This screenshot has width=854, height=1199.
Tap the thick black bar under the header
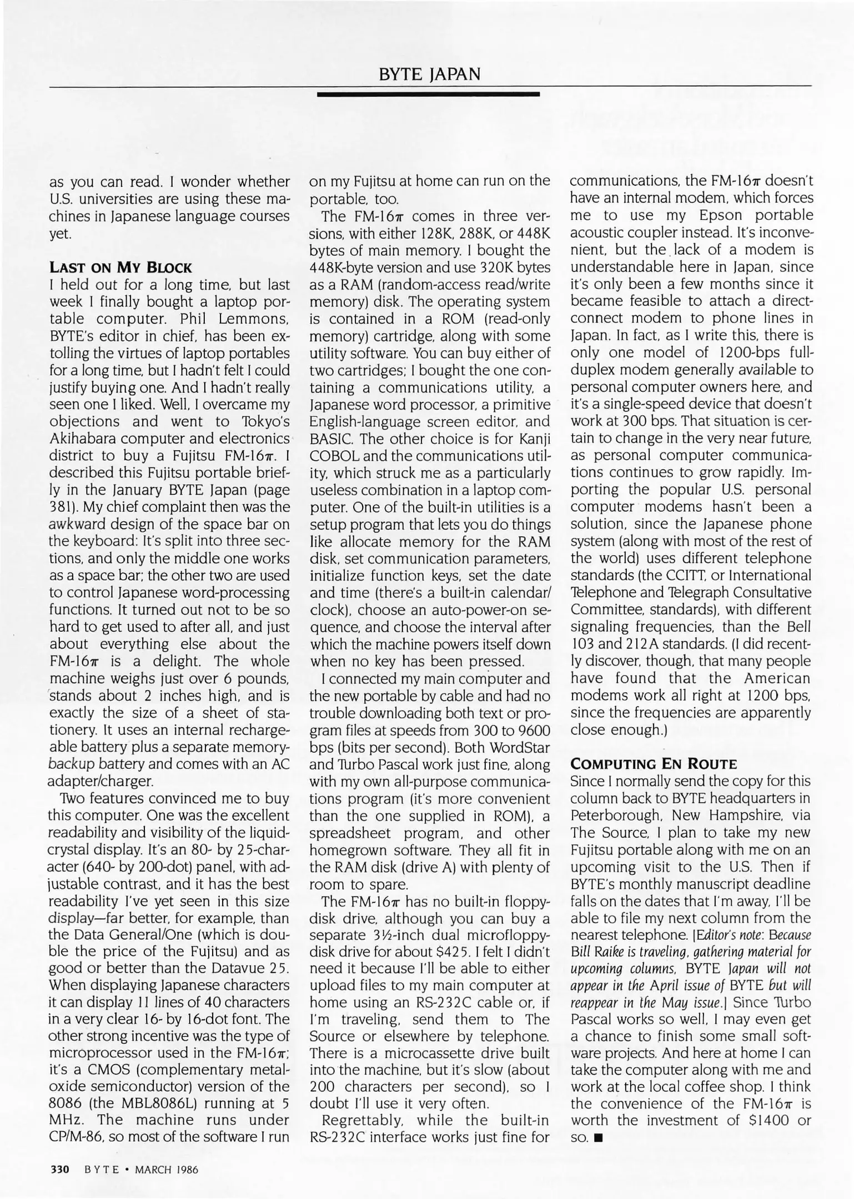coord(428,95)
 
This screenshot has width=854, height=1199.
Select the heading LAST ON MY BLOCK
coord(120,268)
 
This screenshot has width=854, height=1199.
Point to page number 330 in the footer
coord(59,1170)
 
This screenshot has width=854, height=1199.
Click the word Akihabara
coord(85,439)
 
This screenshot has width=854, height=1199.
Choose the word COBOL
coord(333,456)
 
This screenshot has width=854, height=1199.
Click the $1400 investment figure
coord(764,1120)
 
